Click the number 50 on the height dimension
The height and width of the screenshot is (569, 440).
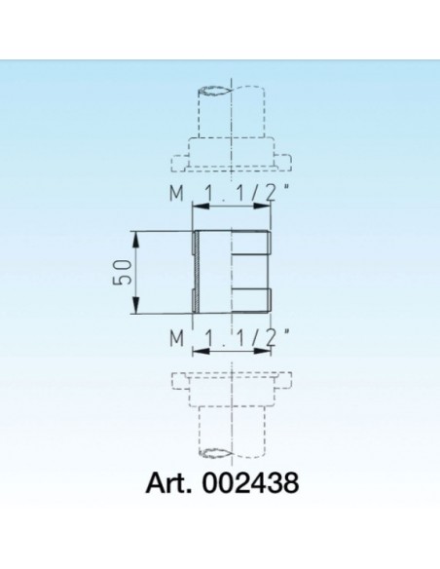point(121,273)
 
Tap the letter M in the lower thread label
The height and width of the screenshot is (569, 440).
point(176,339)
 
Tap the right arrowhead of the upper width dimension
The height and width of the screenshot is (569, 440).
point(267,206)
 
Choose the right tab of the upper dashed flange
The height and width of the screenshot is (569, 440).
point(286,158)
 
